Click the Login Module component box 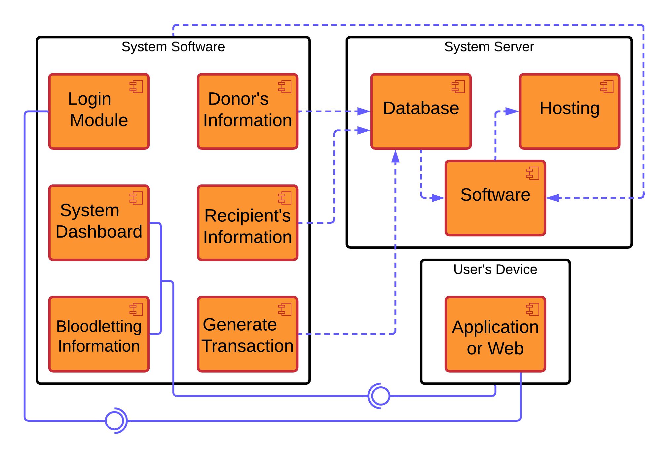[99, 112]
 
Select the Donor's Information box [247, 112]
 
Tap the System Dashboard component [99, 222]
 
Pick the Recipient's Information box [247, 222]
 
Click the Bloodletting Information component [99, 334]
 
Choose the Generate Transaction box [247, 334]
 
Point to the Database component [421, 112]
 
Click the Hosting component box [570, 112]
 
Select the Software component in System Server [495, 198]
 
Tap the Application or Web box [495, 334]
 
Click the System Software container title [173, 47]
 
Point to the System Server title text [489, 47]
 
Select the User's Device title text [495, 270]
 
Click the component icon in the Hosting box [607, 87]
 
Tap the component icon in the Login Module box [136, 87]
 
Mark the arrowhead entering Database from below [395, 156]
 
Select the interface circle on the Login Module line [115, 420]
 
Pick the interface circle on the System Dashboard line [380, 396]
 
